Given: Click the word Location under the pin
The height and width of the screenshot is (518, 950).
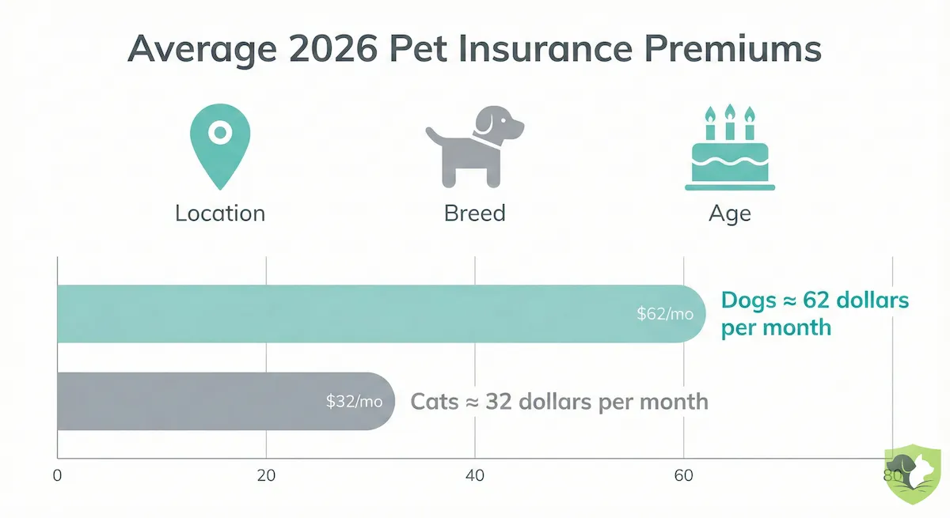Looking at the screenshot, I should click(x=220, y=214).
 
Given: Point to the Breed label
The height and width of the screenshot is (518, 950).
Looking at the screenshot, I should click(x=475, y=214).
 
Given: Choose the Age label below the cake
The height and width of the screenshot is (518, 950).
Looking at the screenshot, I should click(x=729, y=214).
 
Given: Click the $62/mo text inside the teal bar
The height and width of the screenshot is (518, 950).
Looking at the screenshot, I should click(x=665, y=314).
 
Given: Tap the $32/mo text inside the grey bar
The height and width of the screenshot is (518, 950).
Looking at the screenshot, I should click(x=354, y=402).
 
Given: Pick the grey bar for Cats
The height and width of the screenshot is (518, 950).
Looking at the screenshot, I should click(x=198, y=402).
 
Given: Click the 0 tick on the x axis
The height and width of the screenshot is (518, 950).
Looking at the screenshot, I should click(x=57, y=476).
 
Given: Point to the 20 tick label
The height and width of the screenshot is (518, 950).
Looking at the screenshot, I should click(x=266, y=476).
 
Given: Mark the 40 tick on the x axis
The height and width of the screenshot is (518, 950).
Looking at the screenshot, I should click(x=475, y=476).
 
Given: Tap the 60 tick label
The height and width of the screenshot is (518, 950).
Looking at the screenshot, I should click(x=683, y=476).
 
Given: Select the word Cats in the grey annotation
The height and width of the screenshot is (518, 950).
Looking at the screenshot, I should click(x=435, y=401).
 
